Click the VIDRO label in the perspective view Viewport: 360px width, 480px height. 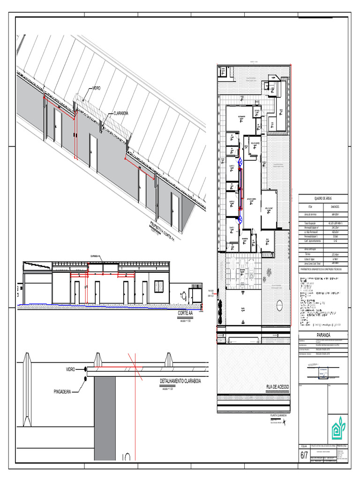tap(96, 88)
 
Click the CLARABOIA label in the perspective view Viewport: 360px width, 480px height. tap(120, 113)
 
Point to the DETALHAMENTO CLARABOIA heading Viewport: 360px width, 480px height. tap(180, 381)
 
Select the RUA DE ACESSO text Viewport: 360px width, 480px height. tap(277, 387)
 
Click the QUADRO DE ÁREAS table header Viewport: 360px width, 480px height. tap(323, 199)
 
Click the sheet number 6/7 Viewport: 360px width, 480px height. tap(304, 455)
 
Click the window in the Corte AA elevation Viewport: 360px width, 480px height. tap(158, 286)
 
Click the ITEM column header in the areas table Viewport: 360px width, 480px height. tap(309, 206)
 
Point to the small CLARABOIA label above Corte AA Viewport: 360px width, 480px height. tap(94, 256)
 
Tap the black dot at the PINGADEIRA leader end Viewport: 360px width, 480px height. tap(85, 377)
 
